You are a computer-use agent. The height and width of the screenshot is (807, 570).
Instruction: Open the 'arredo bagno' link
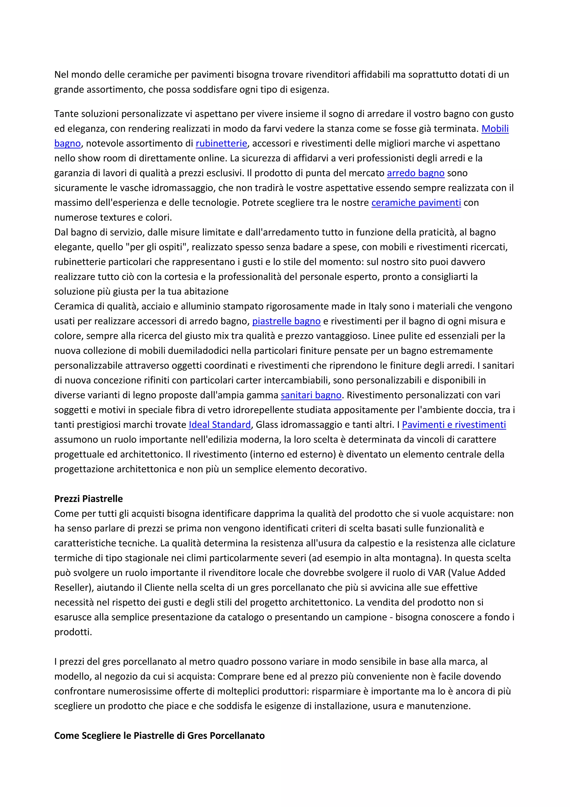pyautogui.click(x=416, y=173)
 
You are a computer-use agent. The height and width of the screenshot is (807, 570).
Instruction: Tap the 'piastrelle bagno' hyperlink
pyautogui.click(x=286, y=321)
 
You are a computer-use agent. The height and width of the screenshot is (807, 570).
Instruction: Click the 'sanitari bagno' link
pyautogui.click(x=311, y=395)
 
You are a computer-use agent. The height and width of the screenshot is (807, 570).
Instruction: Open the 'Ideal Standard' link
pyautogui.click(x=220, y=425)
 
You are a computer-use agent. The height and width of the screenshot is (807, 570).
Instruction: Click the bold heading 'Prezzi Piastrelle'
pyautogui.click(x=89, y=499)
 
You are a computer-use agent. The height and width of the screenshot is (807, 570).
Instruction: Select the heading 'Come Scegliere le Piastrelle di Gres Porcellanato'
pyautogui.click(x=159, y=736)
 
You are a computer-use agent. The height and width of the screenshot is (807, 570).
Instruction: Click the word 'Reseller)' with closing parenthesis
pyautogui.click(x=73, y=588)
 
